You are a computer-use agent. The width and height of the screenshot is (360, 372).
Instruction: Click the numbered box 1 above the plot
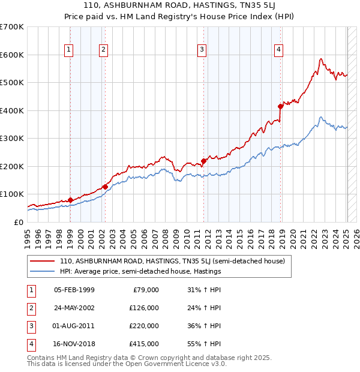[x=70, y=50]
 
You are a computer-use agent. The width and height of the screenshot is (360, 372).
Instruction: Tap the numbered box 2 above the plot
[x=104, y=50]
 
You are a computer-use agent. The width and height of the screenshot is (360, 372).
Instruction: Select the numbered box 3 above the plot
[x=202, y=50]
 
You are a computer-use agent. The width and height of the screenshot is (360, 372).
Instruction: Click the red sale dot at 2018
[x=280, y=106]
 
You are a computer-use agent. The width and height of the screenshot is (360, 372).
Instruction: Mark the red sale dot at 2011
[x=203, y=161]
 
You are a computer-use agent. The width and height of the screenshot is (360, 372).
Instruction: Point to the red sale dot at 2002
[x=105, y=187]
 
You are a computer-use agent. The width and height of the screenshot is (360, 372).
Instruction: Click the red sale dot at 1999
[x=70, y=200]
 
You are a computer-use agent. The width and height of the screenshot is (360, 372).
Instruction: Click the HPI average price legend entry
[x=140, y=271]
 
